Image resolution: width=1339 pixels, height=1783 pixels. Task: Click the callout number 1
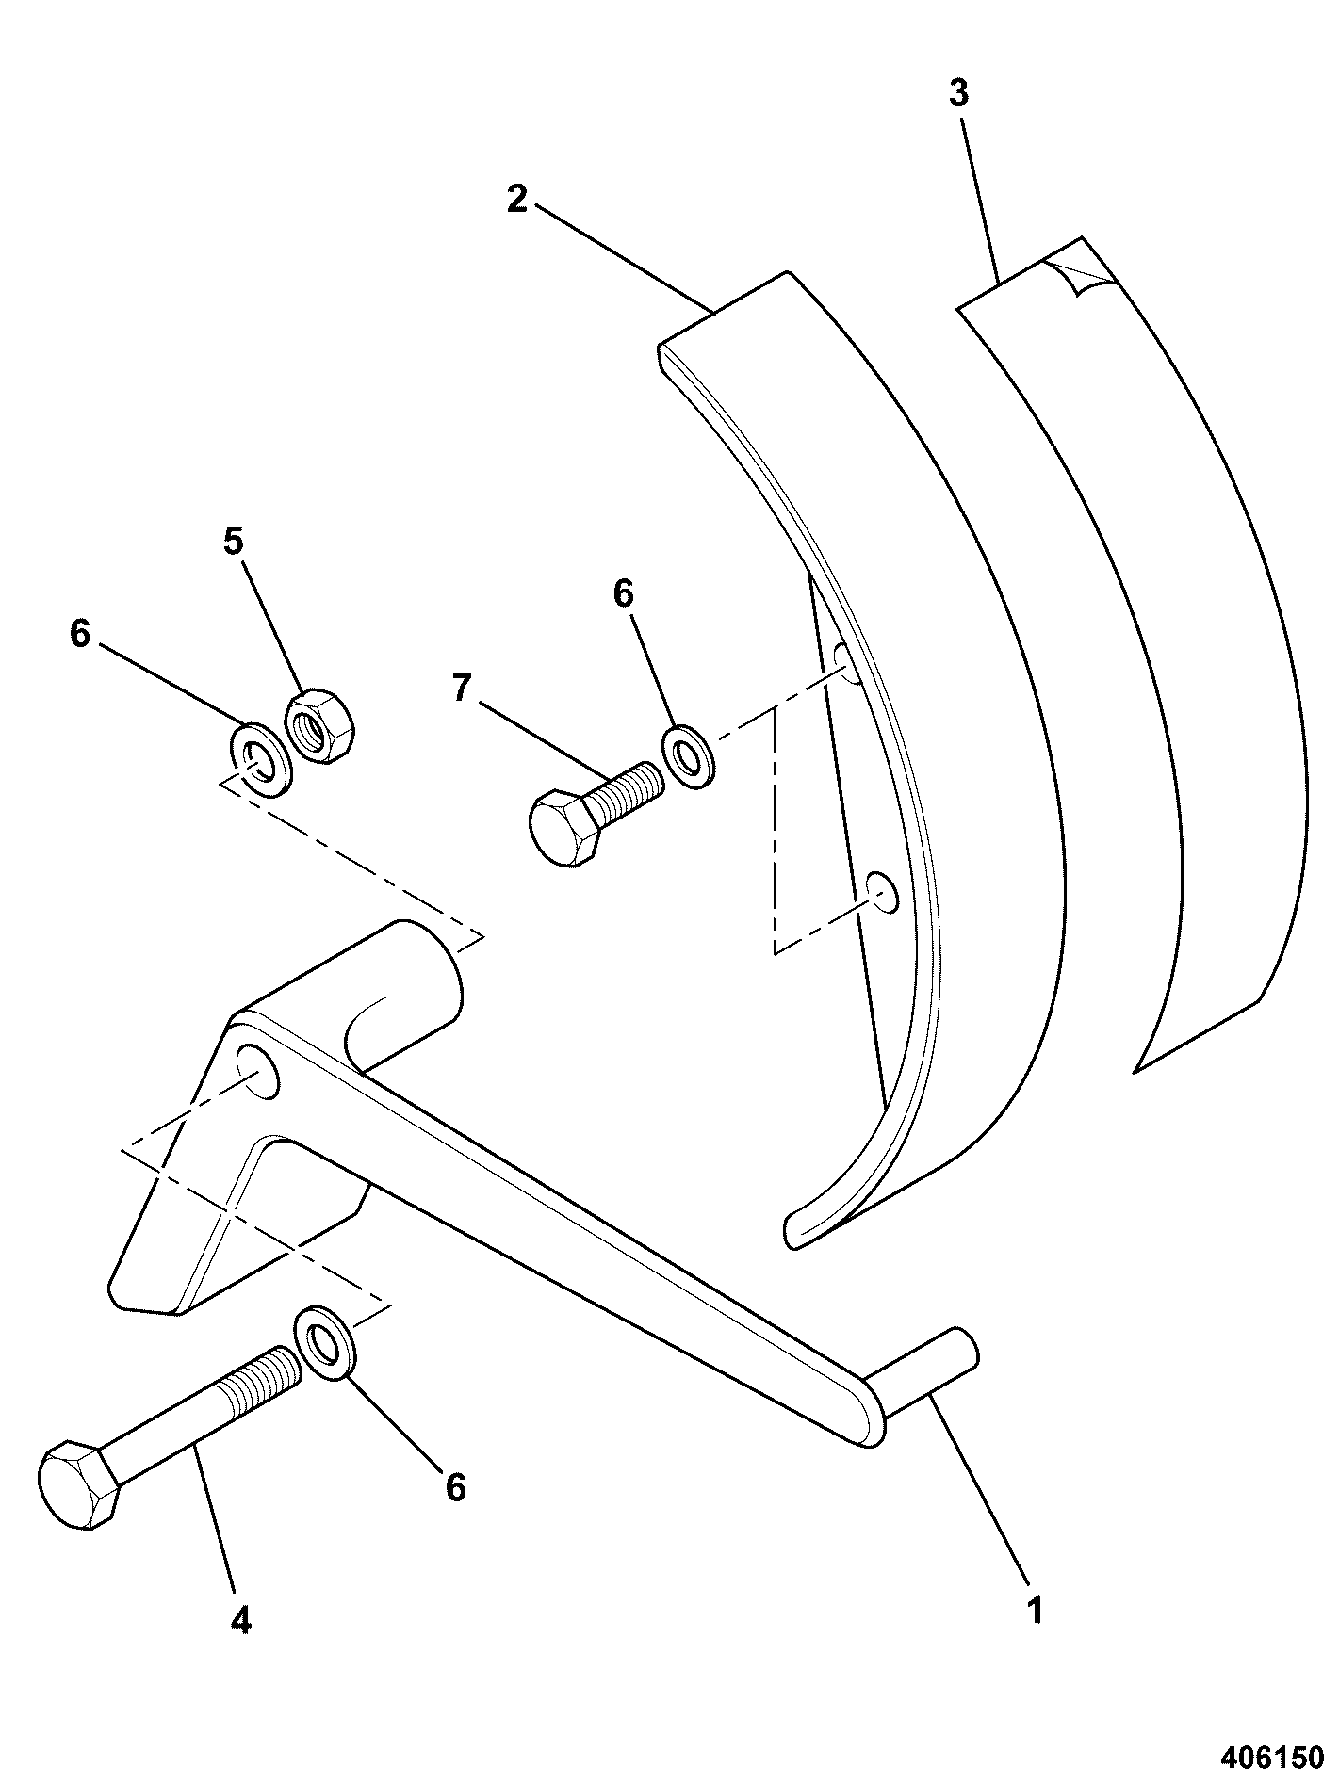click(1035, 1610)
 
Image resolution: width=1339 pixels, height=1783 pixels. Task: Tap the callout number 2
click(515, 199)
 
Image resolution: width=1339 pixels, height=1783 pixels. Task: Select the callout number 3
click(958, 94)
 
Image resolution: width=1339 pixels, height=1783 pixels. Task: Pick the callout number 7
click(461, 689)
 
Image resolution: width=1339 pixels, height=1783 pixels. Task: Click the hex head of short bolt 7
click(565, 827)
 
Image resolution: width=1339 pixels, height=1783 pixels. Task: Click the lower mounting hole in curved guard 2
click(883, 892)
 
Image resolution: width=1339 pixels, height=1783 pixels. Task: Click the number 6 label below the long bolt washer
click(455, 1487)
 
